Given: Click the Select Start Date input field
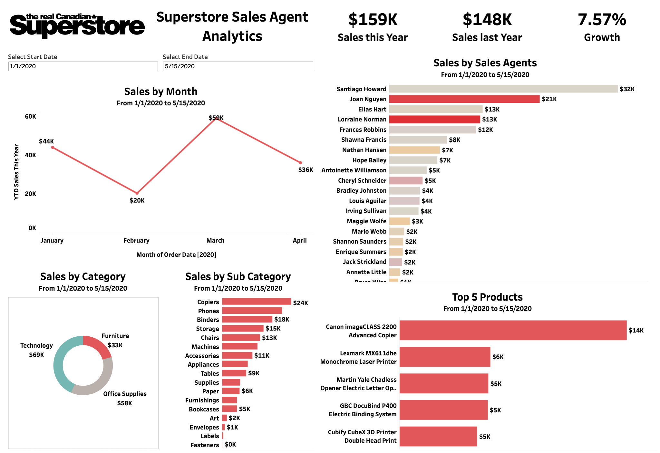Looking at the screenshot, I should (83, 66).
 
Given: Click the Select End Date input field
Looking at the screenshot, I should (238, 66).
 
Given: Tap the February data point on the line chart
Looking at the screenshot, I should (137, 193).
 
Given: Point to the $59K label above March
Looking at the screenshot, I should (216, 118).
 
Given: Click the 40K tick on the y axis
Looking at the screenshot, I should (31, 155).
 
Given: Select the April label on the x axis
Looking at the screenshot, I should (300, 241).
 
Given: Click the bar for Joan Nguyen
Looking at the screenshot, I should (464, 99).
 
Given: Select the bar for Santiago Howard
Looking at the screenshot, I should (503, 89).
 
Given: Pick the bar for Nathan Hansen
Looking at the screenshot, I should (414, 150).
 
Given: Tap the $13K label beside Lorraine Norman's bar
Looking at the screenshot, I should (490, 120).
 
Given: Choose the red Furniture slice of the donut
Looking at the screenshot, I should (97, 345).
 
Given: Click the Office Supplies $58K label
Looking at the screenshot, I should (125, 399).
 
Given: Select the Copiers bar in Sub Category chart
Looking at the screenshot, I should (256, 302).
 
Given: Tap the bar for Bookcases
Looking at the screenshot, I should (229, 409).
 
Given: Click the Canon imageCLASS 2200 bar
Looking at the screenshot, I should (513, 330).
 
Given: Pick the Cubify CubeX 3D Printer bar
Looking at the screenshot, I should (438, 437).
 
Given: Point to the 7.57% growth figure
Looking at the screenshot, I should (602, 20).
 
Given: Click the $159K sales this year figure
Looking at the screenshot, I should (373, 20).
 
